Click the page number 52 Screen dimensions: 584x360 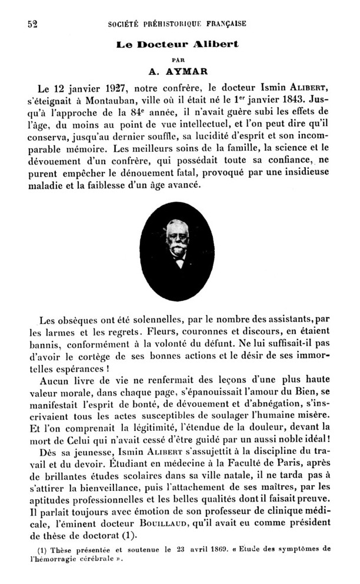tap(32, 24)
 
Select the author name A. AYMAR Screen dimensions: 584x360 tap(180, 72)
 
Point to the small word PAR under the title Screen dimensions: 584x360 tap(179, 58)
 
